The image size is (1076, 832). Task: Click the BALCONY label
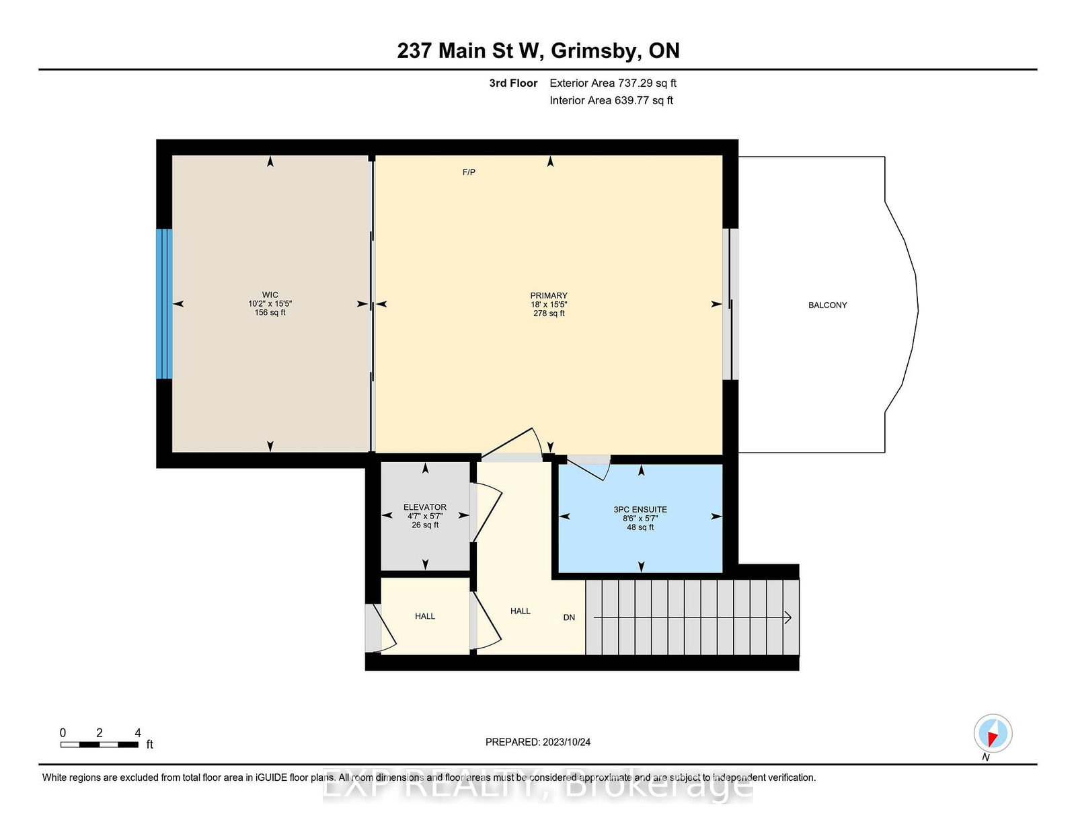(x=827, y=305)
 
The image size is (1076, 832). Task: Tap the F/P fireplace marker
(x=469, y=172)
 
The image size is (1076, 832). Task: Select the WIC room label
(x=270, y=295)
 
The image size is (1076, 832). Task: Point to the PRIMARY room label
(x=549, y=295)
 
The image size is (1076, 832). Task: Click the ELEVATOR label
(x=425, y=507)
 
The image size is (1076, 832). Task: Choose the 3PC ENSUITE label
(x=640, y=509)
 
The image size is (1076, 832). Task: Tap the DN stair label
(x=569, y=617)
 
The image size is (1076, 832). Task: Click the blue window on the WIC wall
(x=164, y=303)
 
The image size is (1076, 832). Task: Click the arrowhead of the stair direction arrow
(x=788, y=617)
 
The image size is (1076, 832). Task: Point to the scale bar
(x=99, y=745)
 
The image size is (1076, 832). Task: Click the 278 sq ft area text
(x=549, y=313)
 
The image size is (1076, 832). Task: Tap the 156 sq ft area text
(x=270, y=313)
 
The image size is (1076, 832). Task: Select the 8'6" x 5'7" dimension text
(x=640, y=519)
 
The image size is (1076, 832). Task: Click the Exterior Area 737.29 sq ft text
(x=613, y=83)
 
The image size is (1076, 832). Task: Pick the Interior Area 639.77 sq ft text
(x=611, y=100)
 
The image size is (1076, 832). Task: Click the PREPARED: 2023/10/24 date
(x=538, y=742)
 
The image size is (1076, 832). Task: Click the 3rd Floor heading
(x=514, y=83)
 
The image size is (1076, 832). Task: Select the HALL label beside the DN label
(x=521, y=611)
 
